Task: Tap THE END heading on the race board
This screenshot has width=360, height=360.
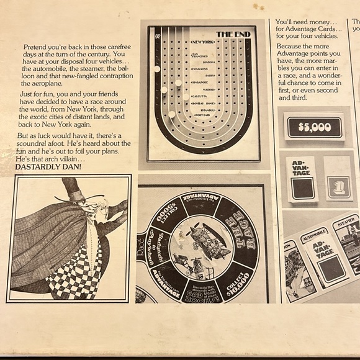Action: click(x=232, y=34)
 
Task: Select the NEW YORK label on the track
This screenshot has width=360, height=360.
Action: click(x=203, y=42)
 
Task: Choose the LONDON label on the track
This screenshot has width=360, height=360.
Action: click(x=208, y=62)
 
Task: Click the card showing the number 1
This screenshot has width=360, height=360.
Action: click(x=339, y=186)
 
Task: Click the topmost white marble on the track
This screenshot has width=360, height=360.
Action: click(x=156, y=69)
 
